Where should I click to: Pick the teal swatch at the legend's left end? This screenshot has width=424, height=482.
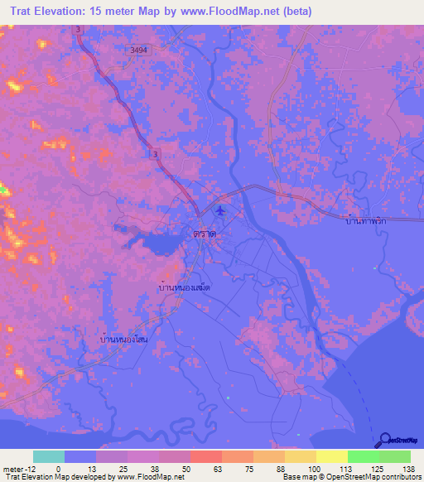tap(49, 456)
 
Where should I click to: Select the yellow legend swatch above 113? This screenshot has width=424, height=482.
tap(331, 456)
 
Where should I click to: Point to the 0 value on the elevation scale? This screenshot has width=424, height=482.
tap(58, 468)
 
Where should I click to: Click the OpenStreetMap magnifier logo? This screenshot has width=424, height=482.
tap(385, 440)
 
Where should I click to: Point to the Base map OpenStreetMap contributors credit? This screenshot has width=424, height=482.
tap(362, 477)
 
